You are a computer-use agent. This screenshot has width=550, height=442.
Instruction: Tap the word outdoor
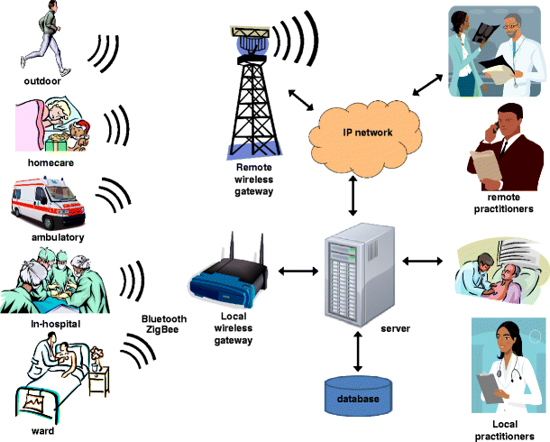45,86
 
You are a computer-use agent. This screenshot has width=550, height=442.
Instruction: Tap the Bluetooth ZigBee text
164,326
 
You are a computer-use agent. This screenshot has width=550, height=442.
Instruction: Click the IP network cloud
367,133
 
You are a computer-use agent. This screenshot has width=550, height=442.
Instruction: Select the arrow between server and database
360,352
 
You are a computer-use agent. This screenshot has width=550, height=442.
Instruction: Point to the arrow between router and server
297,269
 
